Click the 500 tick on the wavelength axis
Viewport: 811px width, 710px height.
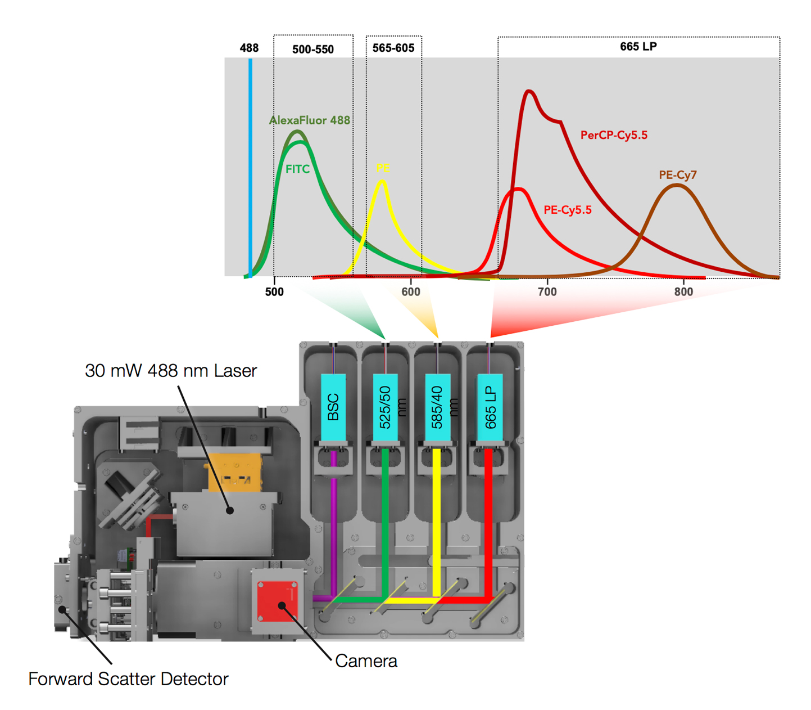274,291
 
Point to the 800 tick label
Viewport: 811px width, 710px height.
683,291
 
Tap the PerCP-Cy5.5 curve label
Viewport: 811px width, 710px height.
614,135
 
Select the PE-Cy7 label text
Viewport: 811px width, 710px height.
678,175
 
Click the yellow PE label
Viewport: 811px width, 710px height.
383,168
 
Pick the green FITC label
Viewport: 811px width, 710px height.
297,169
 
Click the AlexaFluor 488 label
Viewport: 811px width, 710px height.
310,120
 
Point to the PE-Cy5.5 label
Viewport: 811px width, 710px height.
567,210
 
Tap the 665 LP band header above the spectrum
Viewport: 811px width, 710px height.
638,47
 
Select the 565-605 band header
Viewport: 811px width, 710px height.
393,48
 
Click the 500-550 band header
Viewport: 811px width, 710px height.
313,50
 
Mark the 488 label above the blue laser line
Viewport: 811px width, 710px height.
249,48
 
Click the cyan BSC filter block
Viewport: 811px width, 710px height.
333,407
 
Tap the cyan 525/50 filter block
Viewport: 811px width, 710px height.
386,407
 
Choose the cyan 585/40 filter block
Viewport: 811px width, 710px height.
437,407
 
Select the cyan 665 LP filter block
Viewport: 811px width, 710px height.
490,407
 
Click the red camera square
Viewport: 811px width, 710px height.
277,601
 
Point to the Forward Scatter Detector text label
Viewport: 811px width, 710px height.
128,679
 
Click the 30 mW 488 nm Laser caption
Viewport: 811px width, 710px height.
171,371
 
